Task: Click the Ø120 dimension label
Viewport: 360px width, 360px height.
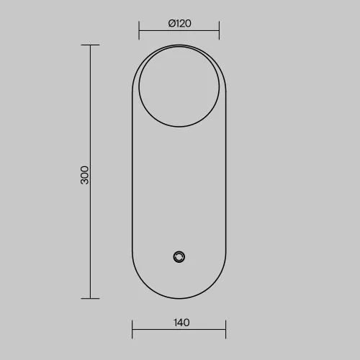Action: click(x=179, y=23)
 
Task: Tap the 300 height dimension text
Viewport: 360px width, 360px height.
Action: click(x=84, y=175)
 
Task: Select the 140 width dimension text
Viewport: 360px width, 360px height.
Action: click(x=181, y=323)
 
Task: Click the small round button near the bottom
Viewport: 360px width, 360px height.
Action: click(x=179, y=257)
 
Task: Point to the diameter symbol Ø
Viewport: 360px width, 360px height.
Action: click(x=172, y=24)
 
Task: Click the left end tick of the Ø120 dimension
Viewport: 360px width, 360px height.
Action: click(x=139, y=30)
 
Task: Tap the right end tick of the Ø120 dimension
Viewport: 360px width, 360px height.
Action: click(x=219, y=30)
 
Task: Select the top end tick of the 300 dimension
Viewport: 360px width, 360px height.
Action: click(x=90, y=45)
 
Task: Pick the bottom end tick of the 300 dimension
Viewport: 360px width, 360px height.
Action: click(x=90, y=298)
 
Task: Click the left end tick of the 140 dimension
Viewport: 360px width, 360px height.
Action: click(x=132, y=329)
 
